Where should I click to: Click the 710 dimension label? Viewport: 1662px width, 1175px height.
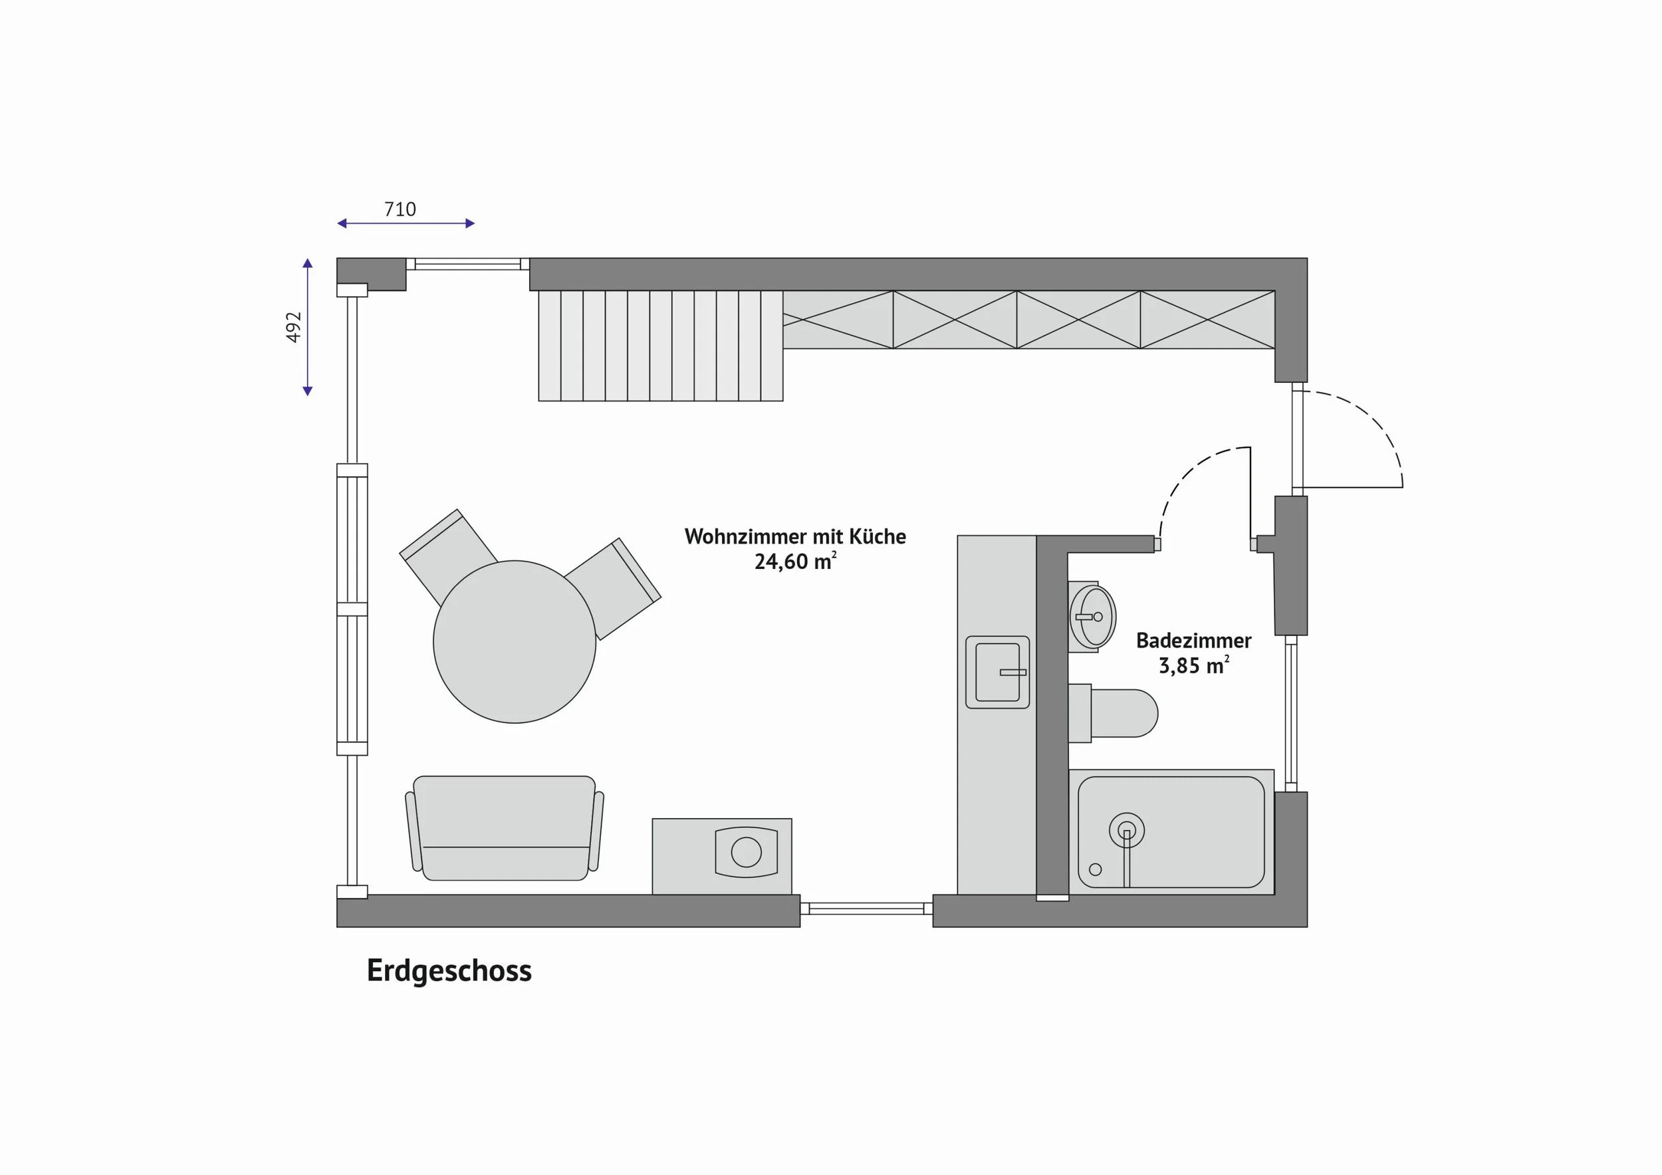point(400,209)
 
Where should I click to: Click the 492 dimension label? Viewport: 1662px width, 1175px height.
point(293,327)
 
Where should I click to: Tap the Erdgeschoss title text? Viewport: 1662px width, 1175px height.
point(449,970)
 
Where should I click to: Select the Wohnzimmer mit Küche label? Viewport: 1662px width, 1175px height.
point(795,536)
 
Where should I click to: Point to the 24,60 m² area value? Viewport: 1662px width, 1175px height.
point(796,562)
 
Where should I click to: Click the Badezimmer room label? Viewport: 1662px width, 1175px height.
point(1194,640)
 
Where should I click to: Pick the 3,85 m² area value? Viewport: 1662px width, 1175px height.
point(1194,665)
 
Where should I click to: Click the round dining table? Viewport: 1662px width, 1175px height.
point(515,642)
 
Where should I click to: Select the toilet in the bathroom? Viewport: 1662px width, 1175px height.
point(1113,713)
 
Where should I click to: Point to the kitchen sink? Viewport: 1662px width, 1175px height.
point(997,672)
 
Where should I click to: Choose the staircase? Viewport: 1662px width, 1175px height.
point(661,346)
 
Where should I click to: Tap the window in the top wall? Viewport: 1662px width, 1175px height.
point(467,264)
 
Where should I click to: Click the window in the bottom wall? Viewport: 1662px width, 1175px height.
point(866,908)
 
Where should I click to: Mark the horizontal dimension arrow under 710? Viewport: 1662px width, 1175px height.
point(406,223)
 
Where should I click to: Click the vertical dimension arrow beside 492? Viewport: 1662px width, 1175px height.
point(308,327)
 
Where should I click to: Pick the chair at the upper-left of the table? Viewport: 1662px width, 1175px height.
point(447,555)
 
